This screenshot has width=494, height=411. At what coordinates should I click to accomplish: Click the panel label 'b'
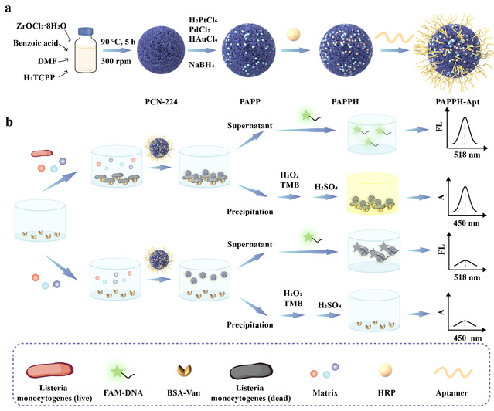coord(9,122)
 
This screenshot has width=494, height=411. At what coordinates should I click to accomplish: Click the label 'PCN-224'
coord(165,101)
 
